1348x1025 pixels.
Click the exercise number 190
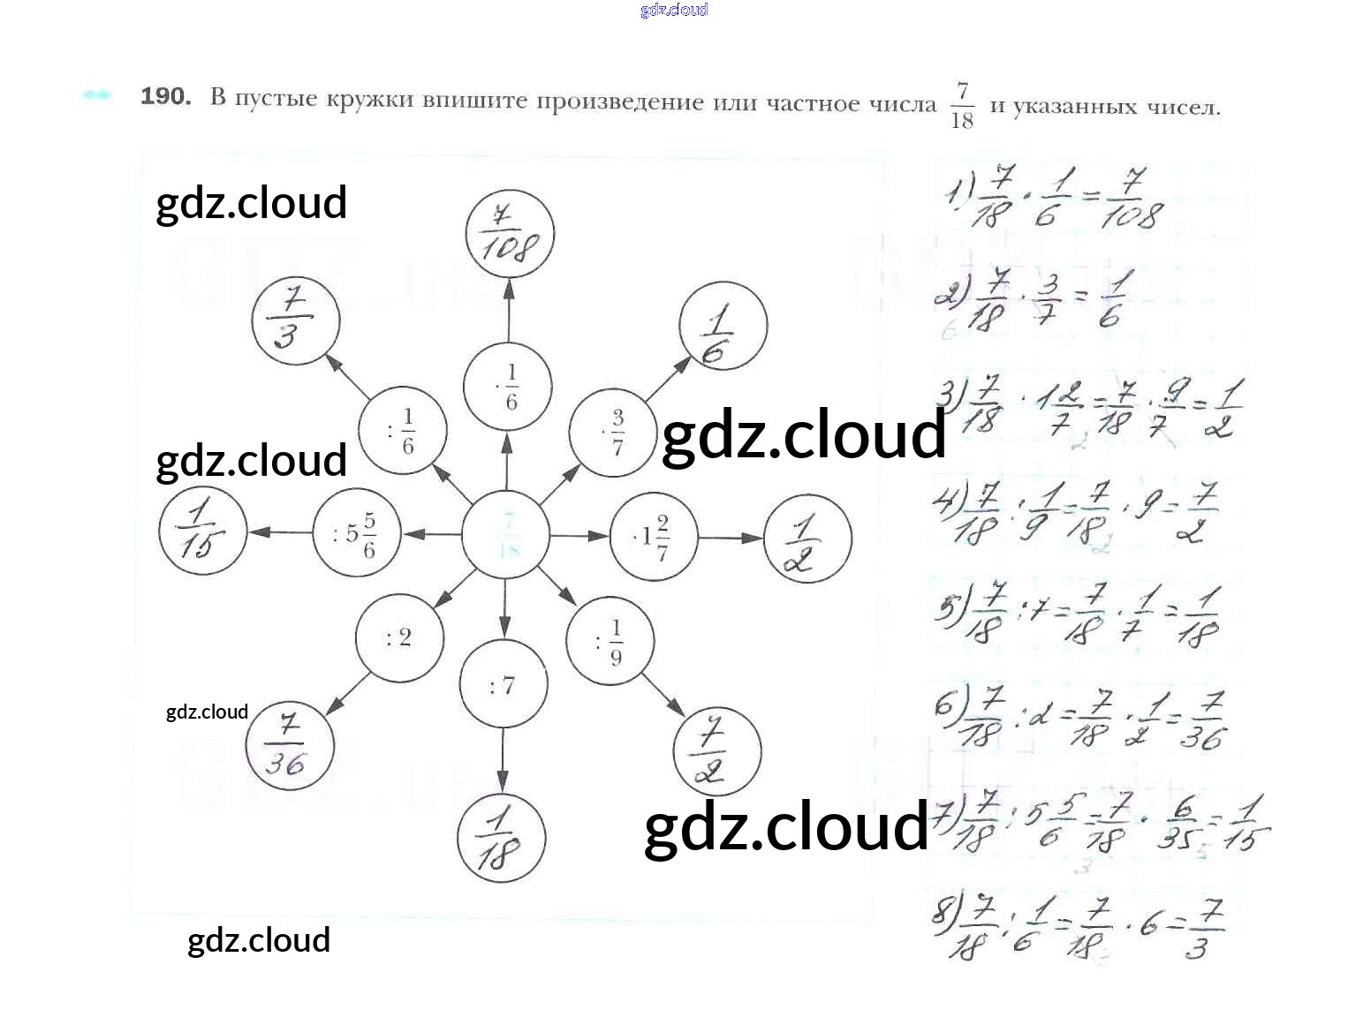tap(165, 96)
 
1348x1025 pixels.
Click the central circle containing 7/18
tap(506, 536)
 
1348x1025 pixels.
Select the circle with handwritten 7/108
tap(509, 234)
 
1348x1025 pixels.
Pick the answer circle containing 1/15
tap(202, 531)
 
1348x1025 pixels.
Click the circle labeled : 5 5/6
tap(357, 535)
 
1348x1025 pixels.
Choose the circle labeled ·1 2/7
tap(654, 536)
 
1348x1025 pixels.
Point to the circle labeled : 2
tap(399, 638)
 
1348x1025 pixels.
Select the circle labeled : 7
tap(503, 685)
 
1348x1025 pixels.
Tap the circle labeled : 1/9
tap(610, 642)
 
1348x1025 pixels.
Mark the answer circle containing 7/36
tap(289, 746)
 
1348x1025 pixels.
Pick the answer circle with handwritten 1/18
tap(501, 838)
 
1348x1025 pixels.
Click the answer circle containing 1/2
tap(807, 538)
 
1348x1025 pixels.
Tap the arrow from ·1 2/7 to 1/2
tap(731, 538)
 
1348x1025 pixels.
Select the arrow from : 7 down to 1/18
tap(503, 759)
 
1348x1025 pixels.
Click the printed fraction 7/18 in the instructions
tap(962, 105)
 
